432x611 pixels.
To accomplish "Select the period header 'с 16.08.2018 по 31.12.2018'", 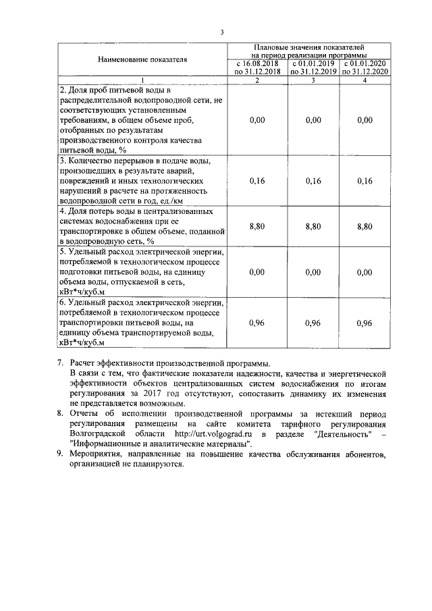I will point(256,67).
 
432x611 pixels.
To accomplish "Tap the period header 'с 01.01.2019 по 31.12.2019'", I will point(313,67).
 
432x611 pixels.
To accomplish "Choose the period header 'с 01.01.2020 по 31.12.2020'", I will point(364,67).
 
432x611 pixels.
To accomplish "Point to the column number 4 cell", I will point(364,80).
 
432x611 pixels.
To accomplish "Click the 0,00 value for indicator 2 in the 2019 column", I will point(313,119).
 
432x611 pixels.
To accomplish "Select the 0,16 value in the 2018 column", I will point(256,181).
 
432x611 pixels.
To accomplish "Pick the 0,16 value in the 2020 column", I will point(364,181).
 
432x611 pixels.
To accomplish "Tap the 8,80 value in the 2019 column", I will point(313,227).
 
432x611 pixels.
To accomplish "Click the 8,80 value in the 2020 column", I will point(364,227).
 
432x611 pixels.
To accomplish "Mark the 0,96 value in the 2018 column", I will point(256,323).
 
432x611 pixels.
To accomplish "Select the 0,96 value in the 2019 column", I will point(313,323).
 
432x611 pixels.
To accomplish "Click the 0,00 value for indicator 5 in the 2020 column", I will point(364,272).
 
